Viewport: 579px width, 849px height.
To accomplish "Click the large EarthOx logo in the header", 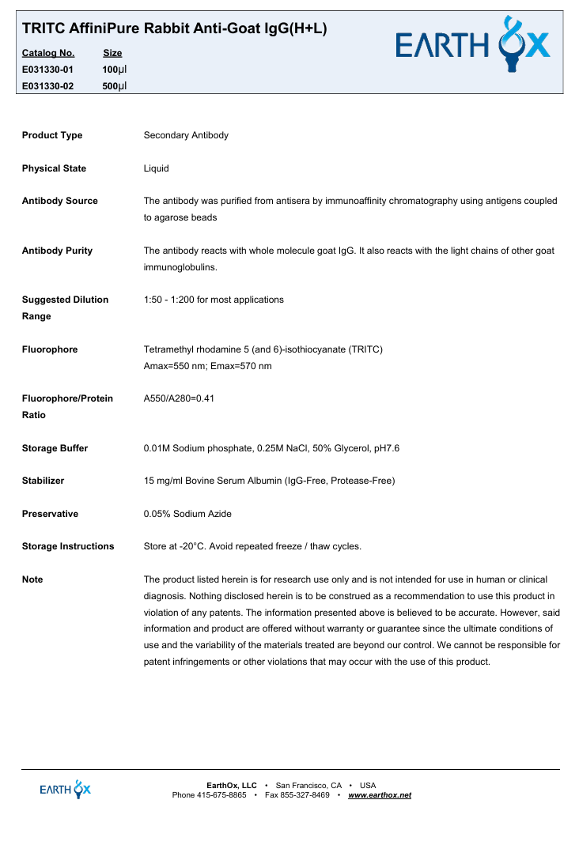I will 472,44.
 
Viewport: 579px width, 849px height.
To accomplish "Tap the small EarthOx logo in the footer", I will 66,789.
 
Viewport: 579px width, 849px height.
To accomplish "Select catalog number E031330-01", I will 48,70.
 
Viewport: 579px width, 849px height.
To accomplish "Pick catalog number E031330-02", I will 48,86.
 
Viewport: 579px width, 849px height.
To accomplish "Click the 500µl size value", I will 115,86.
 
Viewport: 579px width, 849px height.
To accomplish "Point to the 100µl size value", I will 115,70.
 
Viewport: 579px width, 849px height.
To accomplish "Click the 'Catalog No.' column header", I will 48,53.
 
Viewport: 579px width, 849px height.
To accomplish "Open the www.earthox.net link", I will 380,794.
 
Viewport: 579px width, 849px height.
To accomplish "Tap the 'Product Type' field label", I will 52,135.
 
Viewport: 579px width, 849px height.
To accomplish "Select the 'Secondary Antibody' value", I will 186,135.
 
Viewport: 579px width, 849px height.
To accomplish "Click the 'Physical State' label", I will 54,168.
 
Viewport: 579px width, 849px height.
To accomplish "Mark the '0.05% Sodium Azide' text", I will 187,514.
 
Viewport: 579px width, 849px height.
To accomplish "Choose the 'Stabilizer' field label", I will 44,481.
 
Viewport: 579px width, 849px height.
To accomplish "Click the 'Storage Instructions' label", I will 68,546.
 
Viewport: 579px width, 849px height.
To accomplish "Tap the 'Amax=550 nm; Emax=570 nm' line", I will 207,366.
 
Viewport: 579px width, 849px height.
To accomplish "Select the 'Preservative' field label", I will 50,514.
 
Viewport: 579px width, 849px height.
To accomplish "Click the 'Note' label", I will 32,579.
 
